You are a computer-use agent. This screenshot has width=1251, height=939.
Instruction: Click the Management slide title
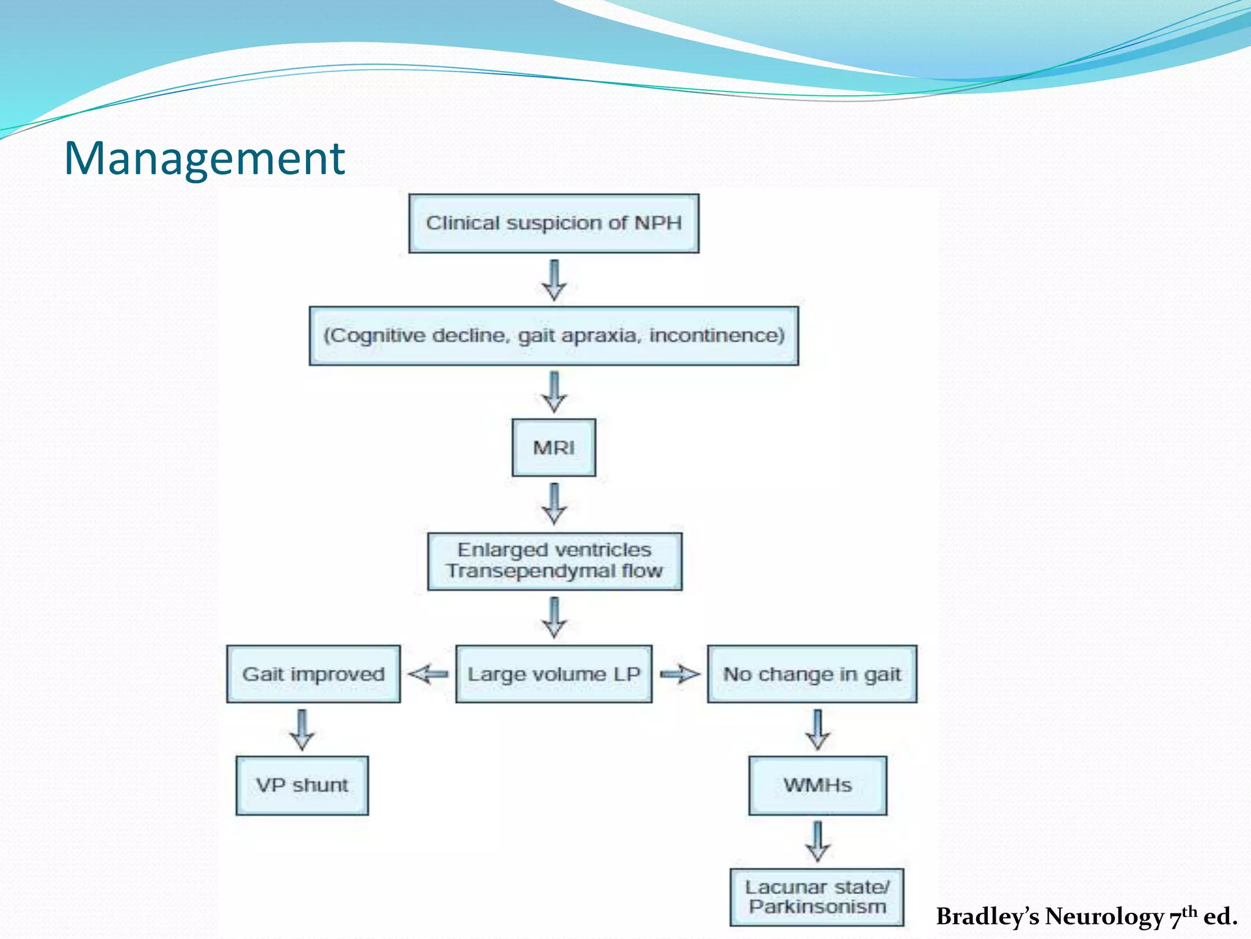(204, 158)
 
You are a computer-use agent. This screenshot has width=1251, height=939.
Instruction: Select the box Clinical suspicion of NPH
(553, 223)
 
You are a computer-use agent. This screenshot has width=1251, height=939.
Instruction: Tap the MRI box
(553, 447)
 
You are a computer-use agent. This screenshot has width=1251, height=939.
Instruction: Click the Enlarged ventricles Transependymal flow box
(555, 561)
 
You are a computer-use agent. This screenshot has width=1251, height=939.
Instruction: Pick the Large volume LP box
(553, 674)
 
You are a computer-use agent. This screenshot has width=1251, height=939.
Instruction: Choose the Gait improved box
(313, 674)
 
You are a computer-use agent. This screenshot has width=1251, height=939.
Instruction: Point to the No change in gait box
(812, 674)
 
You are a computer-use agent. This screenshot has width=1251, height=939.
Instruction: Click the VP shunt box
(302, 785)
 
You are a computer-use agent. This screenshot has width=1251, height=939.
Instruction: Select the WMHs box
(817, 785)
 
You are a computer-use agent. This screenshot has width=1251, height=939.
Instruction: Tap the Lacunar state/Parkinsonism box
(817, 897)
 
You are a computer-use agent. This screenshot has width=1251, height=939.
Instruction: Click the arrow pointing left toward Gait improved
(428, 674)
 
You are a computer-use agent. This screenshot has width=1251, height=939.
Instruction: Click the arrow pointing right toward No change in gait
(680, 674)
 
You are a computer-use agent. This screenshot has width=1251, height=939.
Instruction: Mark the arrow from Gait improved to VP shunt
(302, 729)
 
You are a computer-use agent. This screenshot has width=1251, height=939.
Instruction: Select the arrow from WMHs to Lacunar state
(817, 841)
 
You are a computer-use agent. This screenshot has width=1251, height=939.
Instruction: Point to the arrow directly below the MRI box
(554, 503)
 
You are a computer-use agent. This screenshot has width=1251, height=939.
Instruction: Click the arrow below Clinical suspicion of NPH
(554, 279)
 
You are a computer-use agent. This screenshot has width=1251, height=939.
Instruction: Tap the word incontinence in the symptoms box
(717, 336)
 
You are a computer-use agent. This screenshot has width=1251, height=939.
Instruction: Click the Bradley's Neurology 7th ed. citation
(1086, 916)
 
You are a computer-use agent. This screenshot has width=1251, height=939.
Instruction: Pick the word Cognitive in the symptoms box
(375, 336)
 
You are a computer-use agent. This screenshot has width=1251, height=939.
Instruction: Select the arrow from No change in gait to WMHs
(817, 729)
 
